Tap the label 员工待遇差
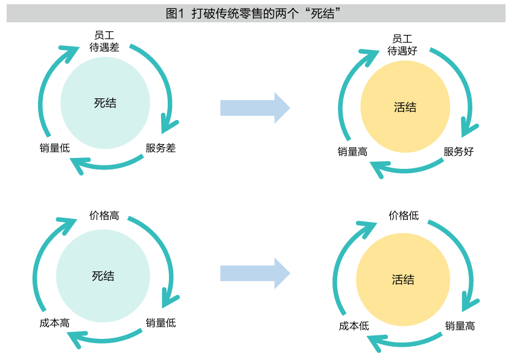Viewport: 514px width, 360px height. pos(104,41)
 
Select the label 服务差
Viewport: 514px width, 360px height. pos(160,148)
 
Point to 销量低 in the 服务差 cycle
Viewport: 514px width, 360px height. pos(54,148)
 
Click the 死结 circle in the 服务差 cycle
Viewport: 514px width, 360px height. pos(105,103)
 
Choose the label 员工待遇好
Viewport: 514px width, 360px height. pos(402,45)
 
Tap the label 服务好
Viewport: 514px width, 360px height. pos(458,151)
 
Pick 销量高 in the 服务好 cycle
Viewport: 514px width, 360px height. pos(352,152)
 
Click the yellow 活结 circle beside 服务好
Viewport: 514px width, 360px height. pos(405,108)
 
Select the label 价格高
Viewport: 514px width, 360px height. pos(104,215)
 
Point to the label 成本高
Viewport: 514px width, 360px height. pos(54,323)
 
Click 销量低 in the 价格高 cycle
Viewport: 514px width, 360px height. pos(160,323)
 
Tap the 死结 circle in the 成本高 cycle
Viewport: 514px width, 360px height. pos(103,276)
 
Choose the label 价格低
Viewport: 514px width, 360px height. pos(404,215)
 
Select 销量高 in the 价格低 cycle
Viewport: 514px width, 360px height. pos(460,326)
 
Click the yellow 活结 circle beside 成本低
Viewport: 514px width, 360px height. pos(402,280)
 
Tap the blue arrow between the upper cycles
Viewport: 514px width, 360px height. pos(255,108)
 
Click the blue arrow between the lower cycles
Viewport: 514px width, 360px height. pos(255,273)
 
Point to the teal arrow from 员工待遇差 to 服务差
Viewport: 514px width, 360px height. pos(163,78)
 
